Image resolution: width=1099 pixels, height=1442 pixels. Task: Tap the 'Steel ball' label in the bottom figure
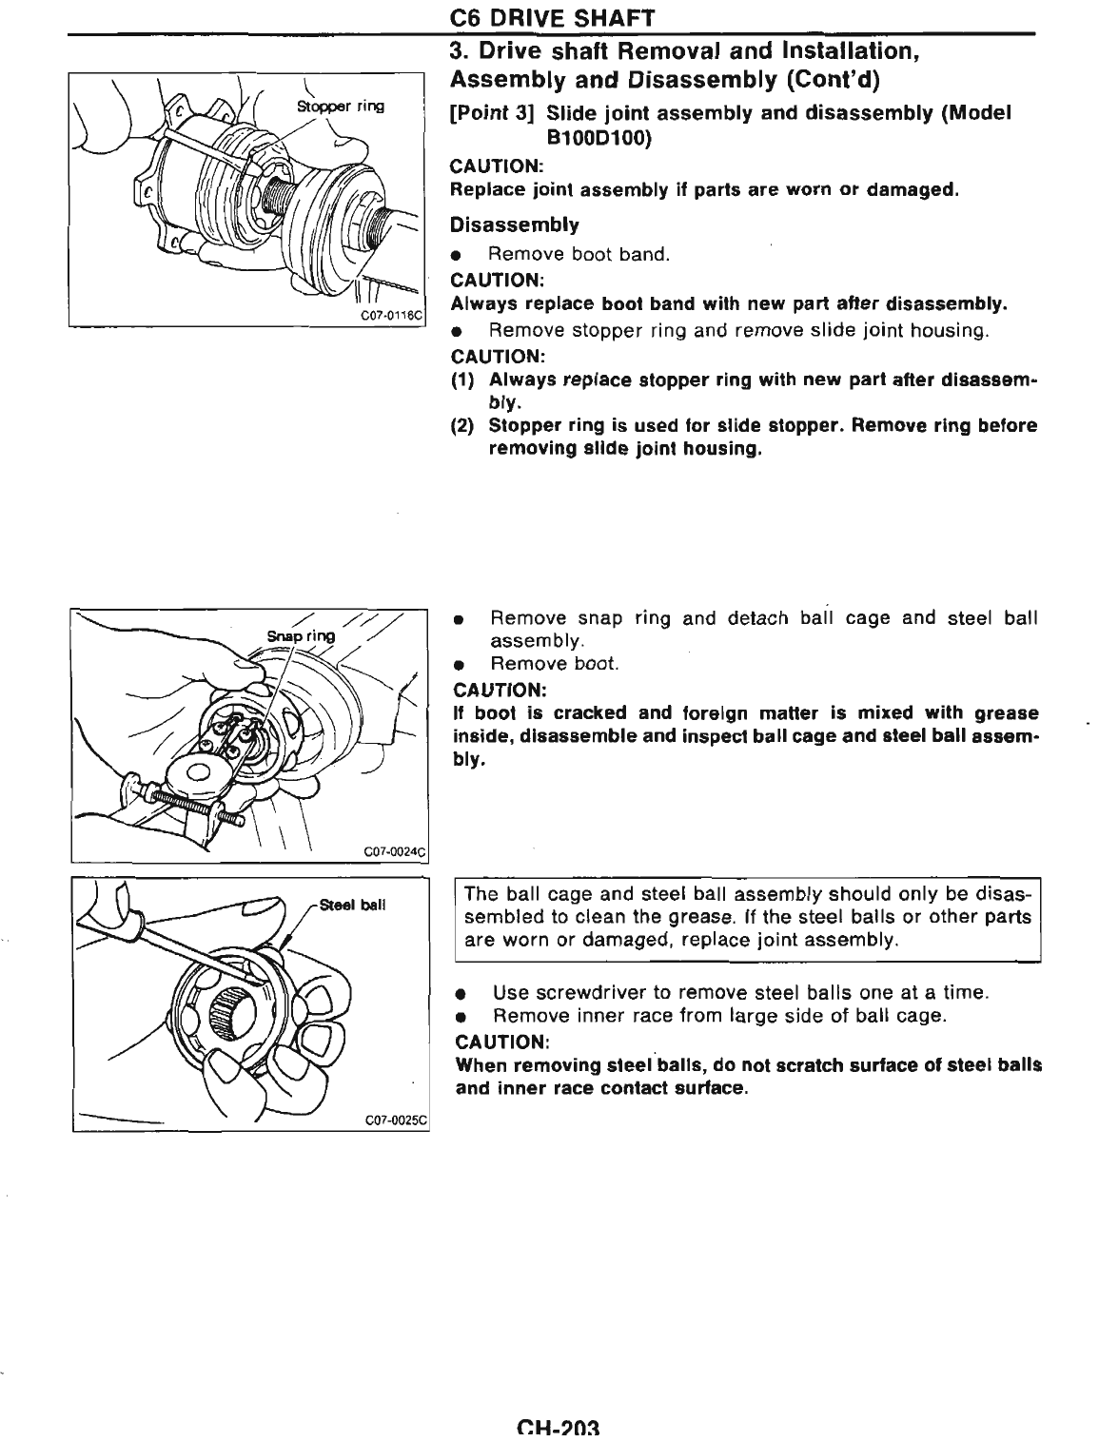353,905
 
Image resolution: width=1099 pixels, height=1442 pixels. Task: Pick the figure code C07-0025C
393,1120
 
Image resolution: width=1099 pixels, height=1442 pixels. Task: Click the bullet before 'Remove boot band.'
458,256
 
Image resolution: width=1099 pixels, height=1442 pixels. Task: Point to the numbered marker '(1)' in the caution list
463,380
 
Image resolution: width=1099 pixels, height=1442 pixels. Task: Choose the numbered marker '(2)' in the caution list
463,426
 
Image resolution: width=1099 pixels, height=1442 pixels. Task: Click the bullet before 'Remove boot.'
458,665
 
